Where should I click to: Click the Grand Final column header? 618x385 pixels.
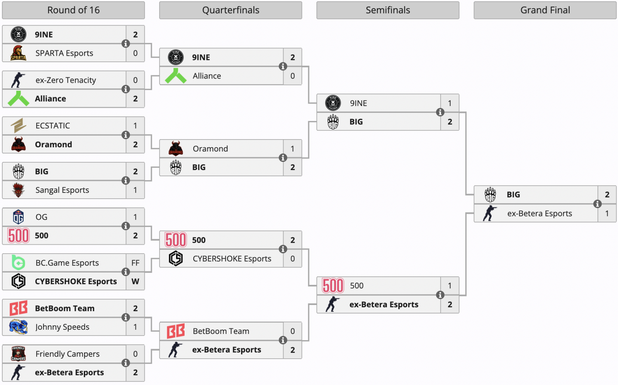545,10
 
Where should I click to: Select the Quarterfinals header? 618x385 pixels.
231,10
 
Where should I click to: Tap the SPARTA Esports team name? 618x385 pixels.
64,53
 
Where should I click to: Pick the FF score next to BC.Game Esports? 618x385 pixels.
135,263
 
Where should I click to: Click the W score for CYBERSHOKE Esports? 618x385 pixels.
135,281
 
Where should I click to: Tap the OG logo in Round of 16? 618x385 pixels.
18,217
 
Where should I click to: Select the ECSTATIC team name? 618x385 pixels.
53,126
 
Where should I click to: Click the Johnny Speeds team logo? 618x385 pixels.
18,327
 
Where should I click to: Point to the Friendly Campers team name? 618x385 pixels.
67,354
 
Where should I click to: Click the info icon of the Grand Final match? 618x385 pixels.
597,204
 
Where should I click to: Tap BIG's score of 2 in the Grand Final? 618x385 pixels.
607,195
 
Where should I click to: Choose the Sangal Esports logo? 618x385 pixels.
18,190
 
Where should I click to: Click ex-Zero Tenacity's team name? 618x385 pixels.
66,80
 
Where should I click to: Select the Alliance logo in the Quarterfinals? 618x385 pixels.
176,76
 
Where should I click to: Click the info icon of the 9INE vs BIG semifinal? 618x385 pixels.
440,112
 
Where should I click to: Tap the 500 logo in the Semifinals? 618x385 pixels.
333,286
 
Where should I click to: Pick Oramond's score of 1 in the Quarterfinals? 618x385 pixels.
292,149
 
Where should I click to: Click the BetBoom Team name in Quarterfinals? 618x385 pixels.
221,331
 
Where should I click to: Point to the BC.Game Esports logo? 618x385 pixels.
18,263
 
